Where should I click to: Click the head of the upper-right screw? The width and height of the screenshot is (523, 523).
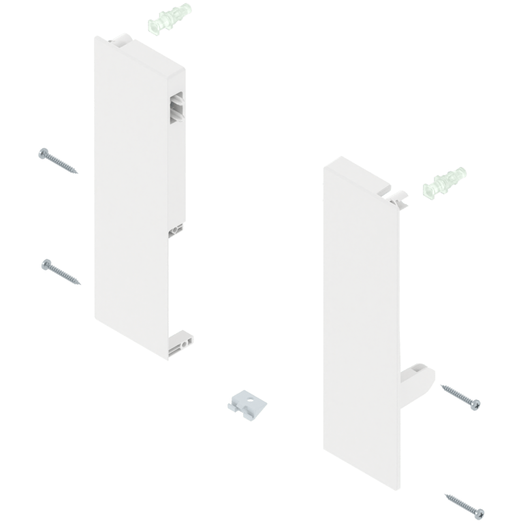[474, 403]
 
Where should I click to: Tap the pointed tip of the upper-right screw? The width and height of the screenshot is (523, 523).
[441, 386]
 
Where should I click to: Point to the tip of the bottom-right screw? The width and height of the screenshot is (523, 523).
[445, 494]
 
